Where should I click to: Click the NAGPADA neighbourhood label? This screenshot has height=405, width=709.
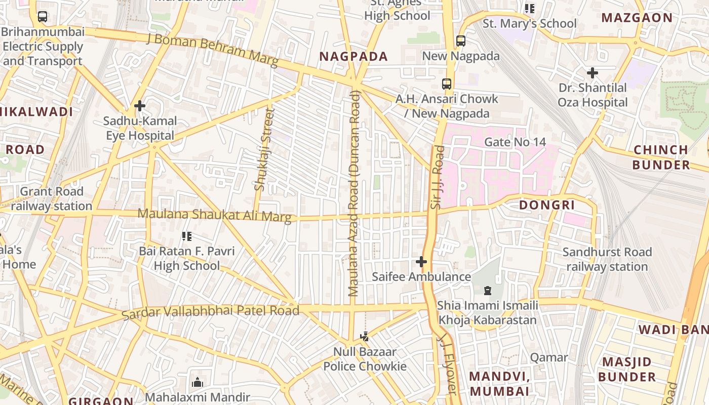click(353, 56)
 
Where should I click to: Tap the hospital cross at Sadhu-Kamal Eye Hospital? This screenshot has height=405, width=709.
click(140, 106)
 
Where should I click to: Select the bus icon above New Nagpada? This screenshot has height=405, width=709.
click(460, 40)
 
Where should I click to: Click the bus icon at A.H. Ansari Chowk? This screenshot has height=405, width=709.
click(446, 84)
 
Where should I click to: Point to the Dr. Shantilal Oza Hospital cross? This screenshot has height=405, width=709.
click(592, 73)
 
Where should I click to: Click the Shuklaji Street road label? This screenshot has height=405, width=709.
click(263, 149)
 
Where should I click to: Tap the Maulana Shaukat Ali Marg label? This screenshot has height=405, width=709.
click(215, 215)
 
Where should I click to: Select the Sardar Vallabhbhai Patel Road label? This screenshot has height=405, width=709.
click(210, 311)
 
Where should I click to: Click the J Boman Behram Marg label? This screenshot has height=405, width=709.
click(212, 50)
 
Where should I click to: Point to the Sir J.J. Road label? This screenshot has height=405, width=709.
click(437, 177)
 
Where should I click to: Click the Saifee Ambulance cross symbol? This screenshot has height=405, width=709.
click(421, 262)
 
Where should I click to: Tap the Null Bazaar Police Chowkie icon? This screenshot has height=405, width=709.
click(364, 336)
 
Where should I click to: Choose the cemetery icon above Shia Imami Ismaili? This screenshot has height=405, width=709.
click(487, 291)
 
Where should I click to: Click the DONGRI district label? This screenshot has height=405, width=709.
click(547, 205)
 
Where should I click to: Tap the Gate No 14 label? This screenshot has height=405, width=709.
click(515, 142)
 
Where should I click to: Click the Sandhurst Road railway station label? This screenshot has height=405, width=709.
click(607, 259)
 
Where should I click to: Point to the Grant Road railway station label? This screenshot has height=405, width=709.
click(51, 198)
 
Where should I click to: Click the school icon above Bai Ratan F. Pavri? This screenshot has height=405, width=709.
click(186, 236)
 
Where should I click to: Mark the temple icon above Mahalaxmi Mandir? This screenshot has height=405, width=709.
click(198, 382)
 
